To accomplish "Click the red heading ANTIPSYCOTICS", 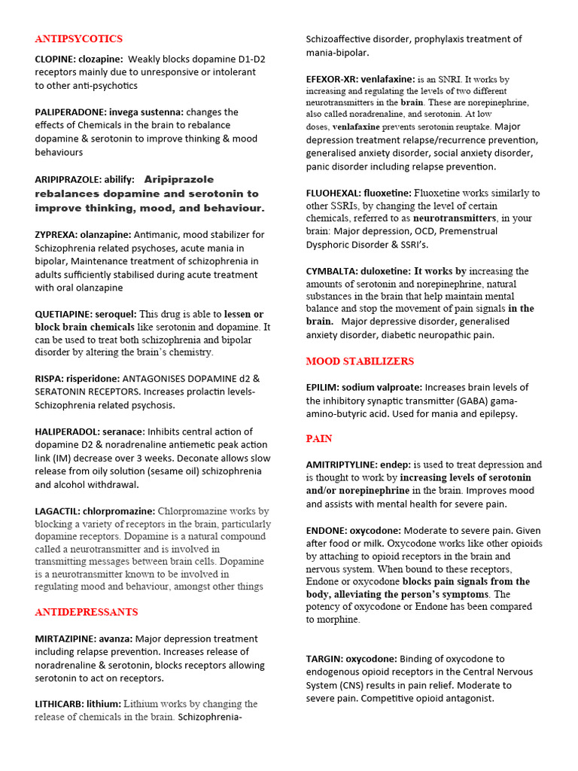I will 78,38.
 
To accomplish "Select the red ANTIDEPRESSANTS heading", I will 86,612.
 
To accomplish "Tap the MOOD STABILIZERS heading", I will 360,361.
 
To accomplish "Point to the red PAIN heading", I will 319,439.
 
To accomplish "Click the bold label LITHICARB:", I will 59,704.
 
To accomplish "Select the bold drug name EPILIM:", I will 323,388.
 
